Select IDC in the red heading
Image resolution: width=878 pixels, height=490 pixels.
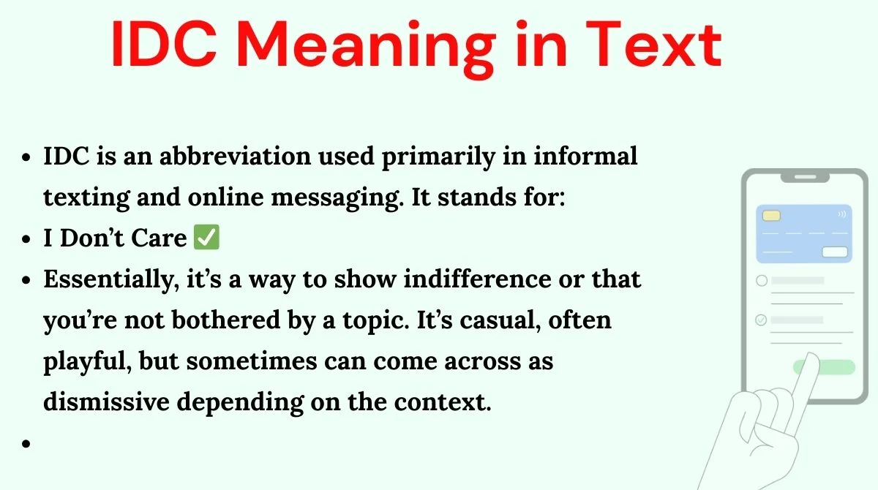[164, 44]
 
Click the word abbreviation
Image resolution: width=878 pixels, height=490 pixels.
[235, 156]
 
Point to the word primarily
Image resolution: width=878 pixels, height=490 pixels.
[438, 157]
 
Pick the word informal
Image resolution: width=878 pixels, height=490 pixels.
[585, 156]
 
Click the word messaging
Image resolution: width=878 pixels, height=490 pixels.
[337, 197]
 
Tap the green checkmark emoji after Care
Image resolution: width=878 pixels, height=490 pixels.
[206, 237]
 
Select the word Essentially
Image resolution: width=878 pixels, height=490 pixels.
[111, 279]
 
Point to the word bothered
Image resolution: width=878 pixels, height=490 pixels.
[226, 320]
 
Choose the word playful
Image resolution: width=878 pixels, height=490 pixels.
[87, 361]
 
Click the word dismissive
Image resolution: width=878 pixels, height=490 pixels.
[106, 402]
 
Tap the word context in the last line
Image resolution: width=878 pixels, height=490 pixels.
[443, 402]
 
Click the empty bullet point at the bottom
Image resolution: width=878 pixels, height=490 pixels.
[26, 443]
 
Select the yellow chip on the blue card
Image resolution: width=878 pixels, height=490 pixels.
[771, 216]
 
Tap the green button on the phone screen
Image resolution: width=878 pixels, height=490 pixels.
[824, 367]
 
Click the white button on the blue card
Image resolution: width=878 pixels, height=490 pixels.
[835, 252]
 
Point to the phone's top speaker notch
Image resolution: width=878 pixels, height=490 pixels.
[805, 177]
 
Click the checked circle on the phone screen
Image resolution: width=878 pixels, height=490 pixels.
[761, 320]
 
